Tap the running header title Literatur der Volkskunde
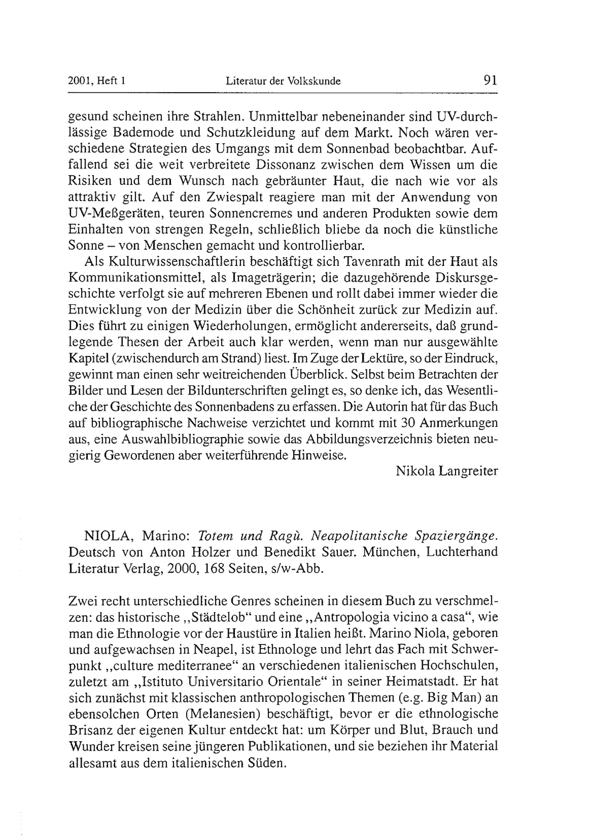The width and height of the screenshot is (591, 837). click(283, 81)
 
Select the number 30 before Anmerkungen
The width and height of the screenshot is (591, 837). click(408, 423)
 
